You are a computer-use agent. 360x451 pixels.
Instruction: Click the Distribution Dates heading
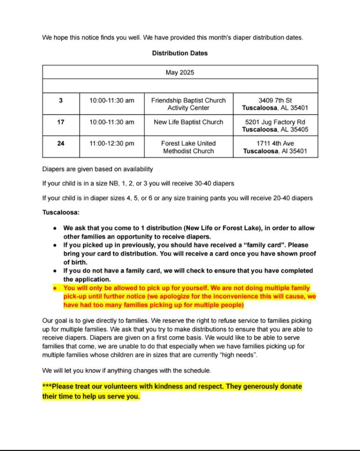coord(180,53)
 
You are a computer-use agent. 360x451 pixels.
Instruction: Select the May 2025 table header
coord(180,72)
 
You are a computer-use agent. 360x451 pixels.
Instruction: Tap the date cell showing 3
coord(61,100)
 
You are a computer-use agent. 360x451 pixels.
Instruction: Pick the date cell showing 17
coord(61,122)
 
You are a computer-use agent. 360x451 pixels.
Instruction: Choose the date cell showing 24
coord(61,143)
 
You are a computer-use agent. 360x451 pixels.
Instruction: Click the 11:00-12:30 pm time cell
coord(111,143)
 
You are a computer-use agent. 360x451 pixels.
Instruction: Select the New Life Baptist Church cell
coord(189,122)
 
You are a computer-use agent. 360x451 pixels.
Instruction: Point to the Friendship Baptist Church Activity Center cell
coord(189,104)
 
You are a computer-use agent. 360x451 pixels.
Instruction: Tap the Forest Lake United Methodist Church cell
coord(189,147)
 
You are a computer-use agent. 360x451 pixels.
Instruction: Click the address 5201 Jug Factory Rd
coord(275,122)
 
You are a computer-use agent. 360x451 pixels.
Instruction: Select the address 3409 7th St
coord(275,100)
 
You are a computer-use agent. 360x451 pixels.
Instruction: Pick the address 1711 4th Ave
coord(275,143)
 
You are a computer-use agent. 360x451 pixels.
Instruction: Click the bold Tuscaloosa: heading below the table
coord(61,212)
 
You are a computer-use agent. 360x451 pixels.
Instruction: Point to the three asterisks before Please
coord(47,387)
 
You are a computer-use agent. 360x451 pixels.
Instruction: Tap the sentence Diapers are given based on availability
coord(97,169)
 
